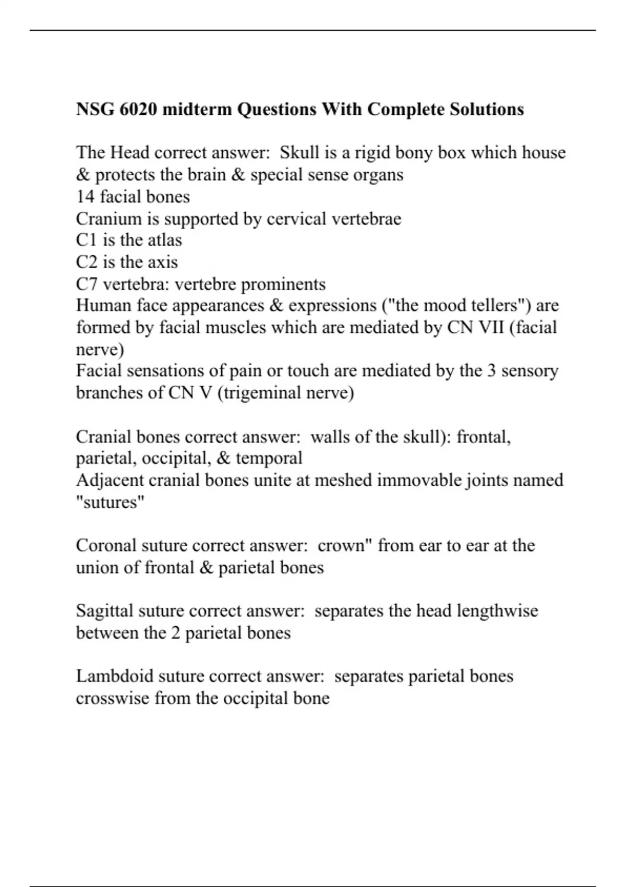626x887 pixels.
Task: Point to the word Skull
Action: tap(299, 152)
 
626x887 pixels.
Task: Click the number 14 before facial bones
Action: tap(85, 197)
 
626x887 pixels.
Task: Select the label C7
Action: tap(87, 284)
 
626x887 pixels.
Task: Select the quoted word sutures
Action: tap(110, 502)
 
